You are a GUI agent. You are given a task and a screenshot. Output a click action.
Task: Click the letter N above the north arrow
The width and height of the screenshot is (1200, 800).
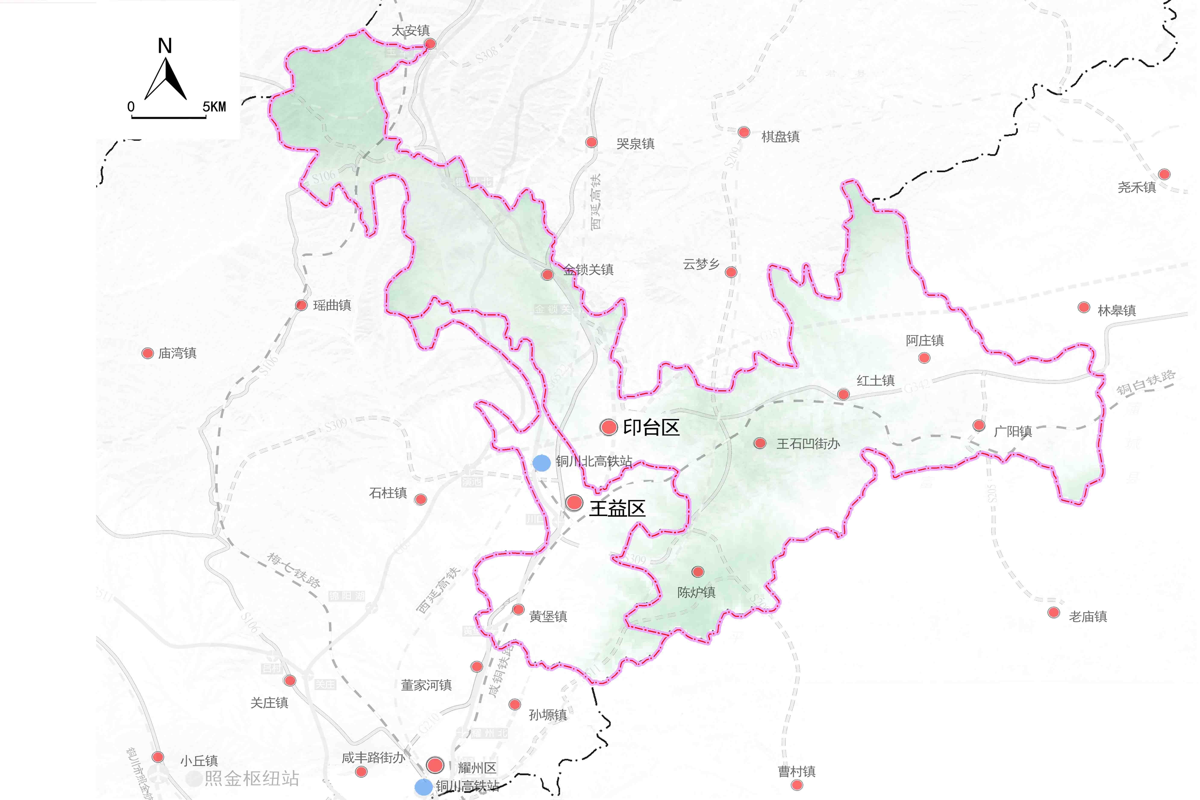pyautogui.click(x=164, y=46)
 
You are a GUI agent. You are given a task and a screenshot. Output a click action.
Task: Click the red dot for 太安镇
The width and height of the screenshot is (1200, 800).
pyautogui.click(x=430, y=44)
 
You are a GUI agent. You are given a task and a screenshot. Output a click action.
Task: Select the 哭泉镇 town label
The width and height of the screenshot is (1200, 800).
pyautogui.click(x=635, y=144)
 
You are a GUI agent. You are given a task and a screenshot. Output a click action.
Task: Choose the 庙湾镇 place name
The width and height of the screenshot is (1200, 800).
pyautogui.click(x=177, y=353)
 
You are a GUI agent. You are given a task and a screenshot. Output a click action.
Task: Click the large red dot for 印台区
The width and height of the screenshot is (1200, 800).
pyautogui.click(x=609, y=427)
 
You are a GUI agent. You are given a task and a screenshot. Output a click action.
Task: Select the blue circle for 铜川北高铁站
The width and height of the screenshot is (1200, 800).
pyautogui.click(x=541, y=463)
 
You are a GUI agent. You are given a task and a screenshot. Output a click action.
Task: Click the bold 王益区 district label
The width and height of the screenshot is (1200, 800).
pyautogui.click(x=617, y=509)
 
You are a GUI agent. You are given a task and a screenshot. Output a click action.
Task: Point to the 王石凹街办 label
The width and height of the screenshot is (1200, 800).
pyautogui.click(x=808, y=444)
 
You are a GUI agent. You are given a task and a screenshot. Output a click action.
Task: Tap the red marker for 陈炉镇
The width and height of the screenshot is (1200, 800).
pyautogui.click(x=697, y=572)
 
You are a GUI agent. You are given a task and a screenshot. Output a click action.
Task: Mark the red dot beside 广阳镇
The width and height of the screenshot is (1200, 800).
pyautogui.click(x=979, y=425)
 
